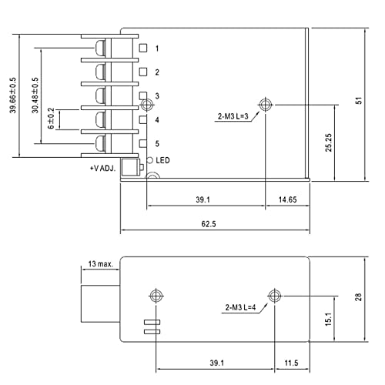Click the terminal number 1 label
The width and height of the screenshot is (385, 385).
157,49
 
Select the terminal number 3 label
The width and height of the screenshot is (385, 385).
157,96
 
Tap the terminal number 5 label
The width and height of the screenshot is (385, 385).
157,144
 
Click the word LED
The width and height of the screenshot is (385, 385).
163,160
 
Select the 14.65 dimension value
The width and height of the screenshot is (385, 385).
286,199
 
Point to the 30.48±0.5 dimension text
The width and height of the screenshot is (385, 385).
34,96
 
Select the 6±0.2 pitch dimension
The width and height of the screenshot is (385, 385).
52,120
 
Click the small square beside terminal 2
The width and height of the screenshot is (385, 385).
142,72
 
